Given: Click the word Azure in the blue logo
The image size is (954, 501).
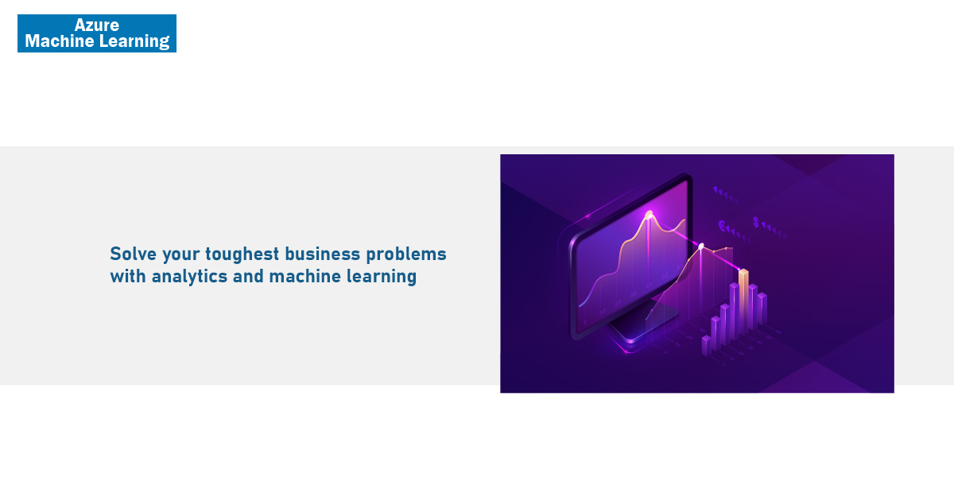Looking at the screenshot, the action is coord(97,25).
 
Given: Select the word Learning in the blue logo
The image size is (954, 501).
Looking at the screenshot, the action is coord(134,41).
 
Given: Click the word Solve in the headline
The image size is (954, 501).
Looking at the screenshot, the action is coord(134,254).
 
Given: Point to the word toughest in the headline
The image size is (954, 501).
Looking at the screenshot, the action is coord(242,254).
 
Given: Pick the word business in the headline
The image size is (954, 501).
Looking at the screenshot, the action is coord(323,254).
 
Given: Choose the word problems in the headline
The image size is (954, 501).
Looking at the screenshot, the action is coord(406,254).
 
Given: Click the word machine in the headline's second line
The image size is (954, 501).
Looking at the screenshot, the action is coord(305,276).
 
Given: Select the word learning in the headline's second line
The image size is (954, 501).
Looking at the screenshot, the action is coord(382,277).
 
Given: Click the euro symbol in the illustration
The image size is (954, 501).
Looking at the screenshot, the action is coord(722,225).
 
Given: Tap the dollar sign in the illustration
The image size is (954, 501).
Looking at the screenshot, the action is coord(756,222).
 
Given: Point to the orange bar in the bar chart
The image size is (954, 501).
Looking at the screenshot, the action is coord(743,301).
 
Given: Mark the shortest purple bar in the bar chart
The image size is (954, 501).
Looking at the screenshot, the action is coord(707,345).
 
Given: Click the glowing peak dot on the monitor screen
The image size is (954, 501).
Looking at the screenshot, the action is coord(649,215).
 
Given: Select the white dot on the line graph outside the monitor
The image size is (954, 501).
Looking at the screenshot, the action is coord(701,247).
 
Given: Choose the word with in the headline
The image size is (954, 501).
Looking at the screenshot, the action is coord(128,276).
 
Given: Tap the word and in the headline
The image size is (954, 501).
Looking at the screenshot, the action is coord(248,276).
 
